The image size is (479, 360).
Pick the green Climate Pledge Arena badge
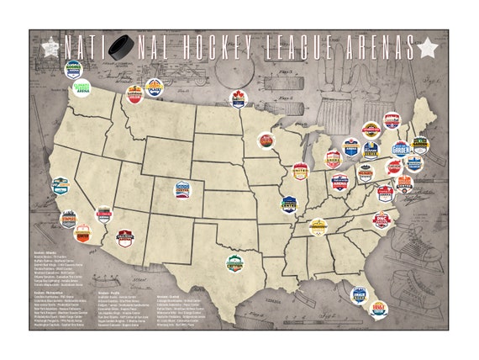click(82, 87)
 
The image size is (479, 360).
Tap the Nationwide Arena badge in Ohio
click(340, 182)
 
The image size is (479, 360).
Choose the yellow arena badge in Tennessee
click(318, 225)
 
